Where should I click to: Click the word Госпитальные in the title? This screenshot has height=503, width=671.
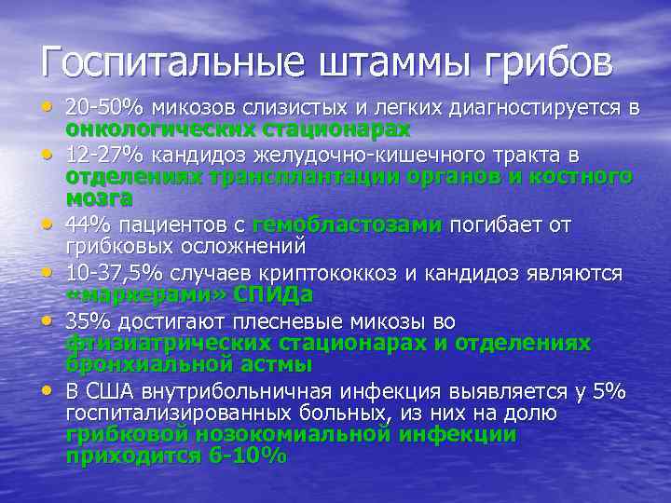tap(171, 63)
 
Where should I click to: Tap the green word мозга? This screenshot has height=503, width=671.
tap(99, 197)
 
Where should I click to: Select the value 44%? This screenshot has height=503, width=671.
tap(86, 225)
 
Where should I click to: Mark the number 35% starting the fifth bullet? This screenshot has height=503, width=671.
tap(86, 322)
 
